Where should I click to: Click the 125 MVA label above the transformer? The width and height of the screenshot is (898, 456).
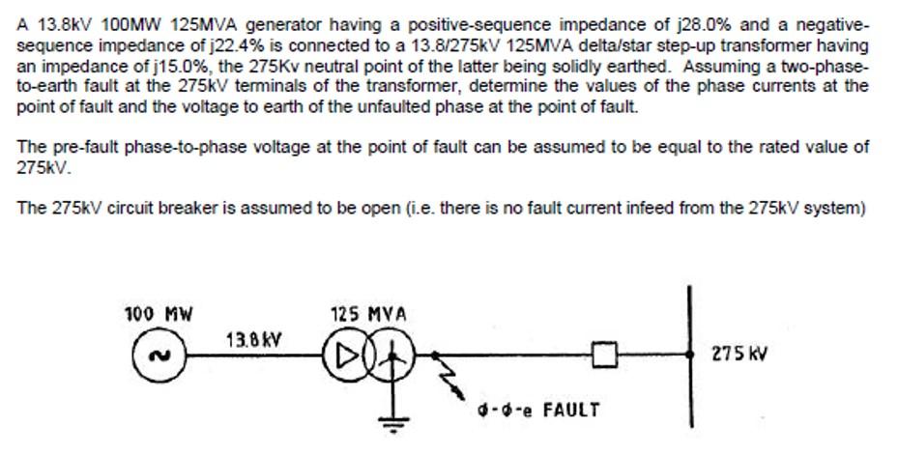(368, 314)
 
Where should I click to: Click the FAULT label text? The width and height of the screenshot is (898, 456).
(570, 409)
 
